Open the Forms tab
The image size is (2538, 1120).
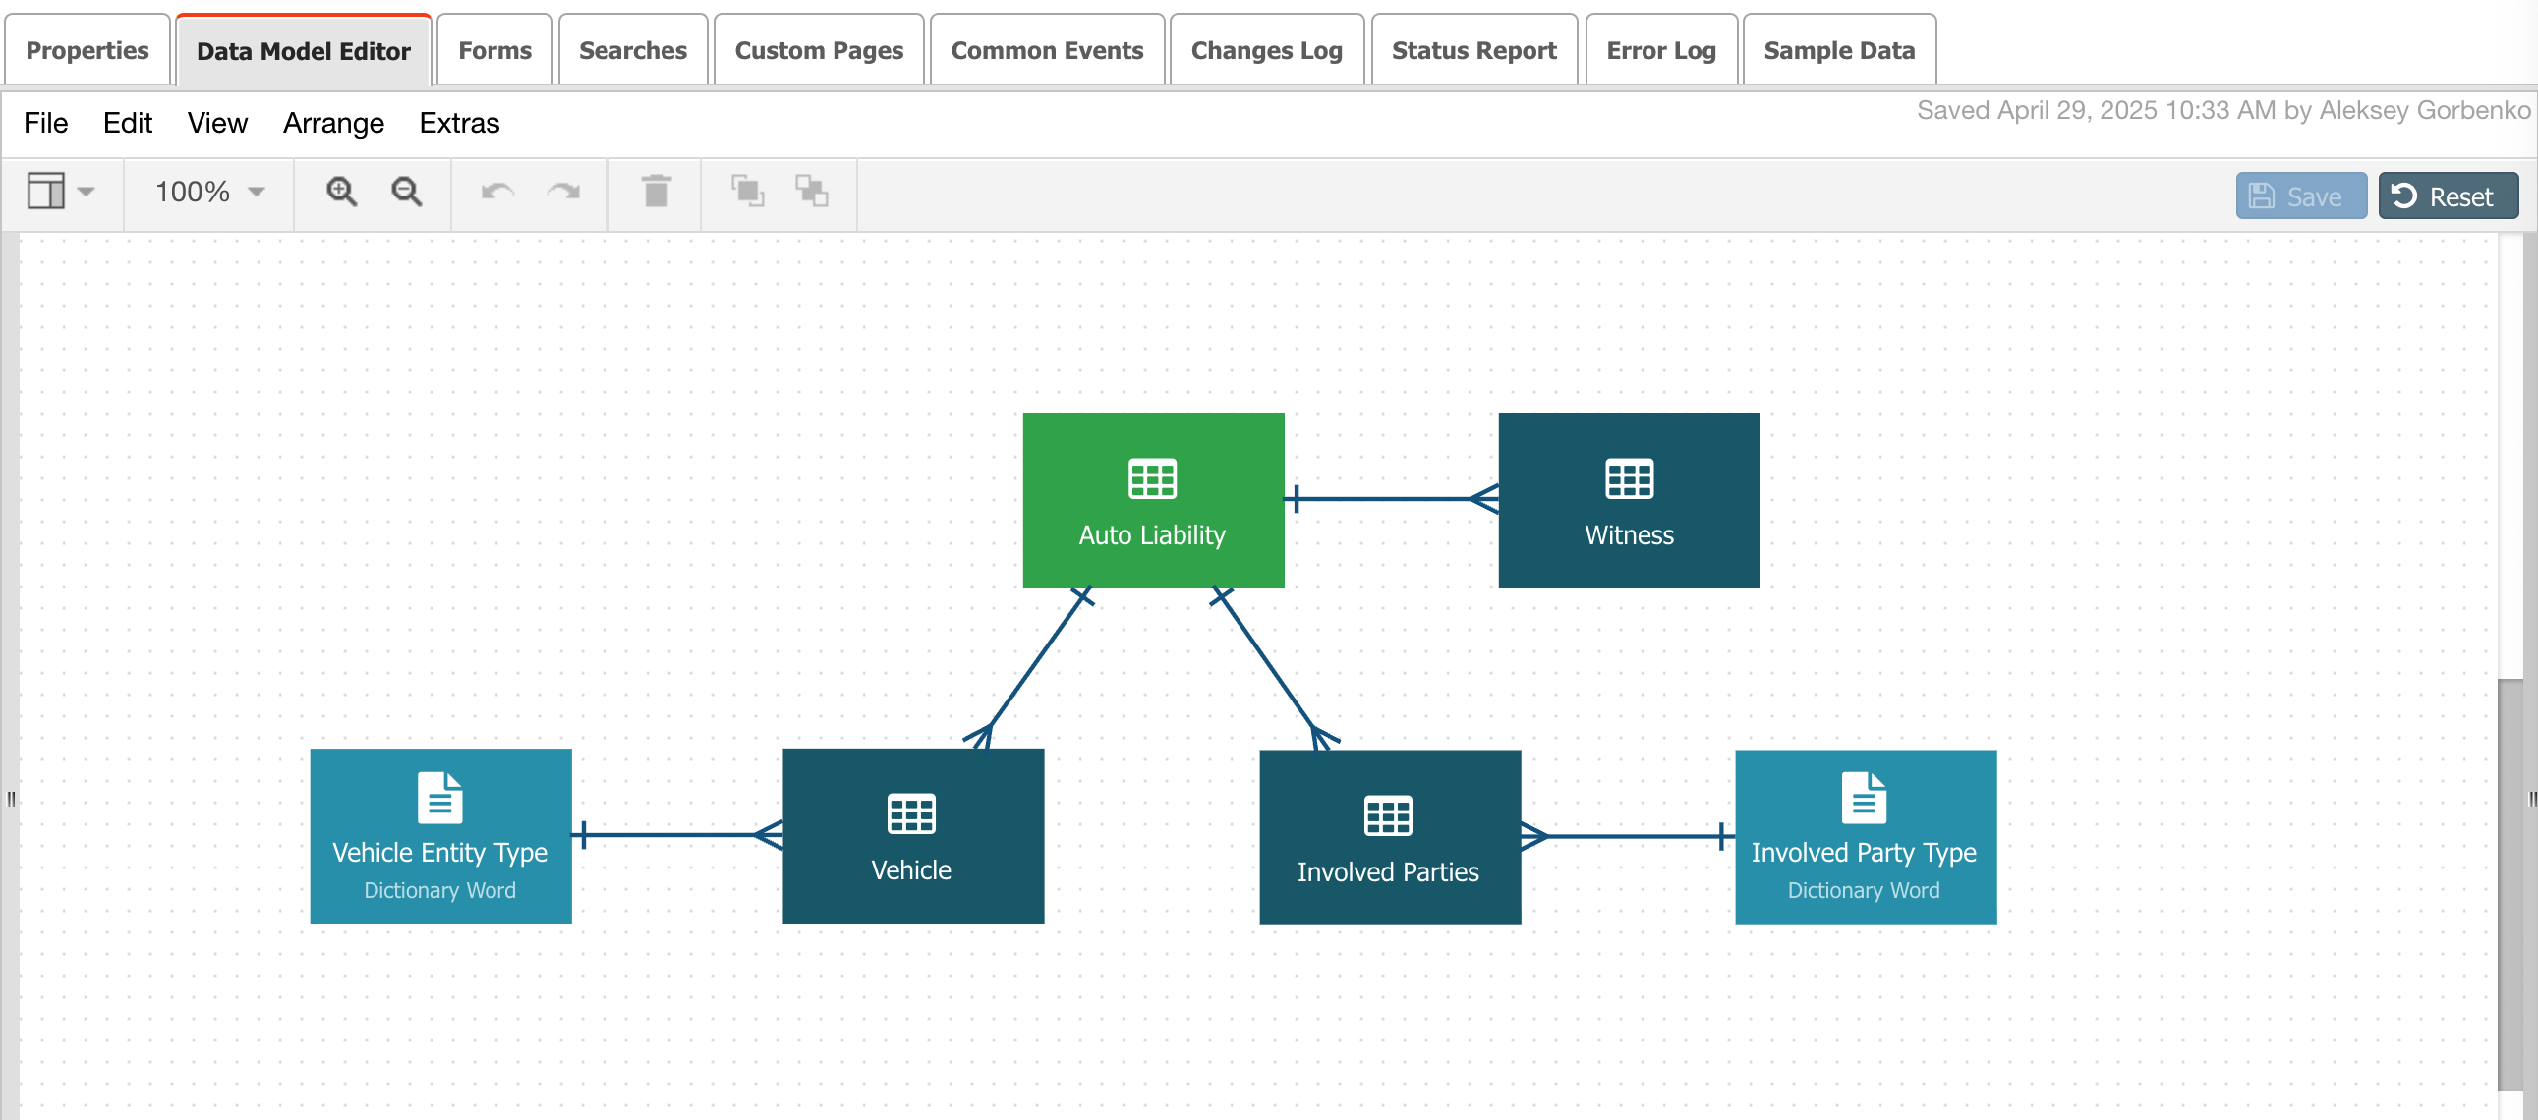click(x=494, y=50)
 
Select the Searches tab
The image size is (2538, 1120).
click(x=632, y=50)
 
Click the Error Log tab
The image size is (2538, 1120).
click(x=1660, y=50)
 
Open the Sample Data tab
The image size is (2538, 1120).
click(x=1838, y=50)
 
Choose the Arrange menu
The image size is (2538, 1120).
click(x=333, y=123)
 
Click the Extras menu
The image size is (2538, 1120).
click(x=459, y=123)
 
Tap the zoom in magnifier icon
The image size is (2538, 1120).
click(x=342, y=192)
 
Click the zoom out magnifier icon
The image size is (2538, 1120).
click(x=407, y=192)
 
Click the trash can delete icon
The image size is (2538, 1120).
click(x=657, y=192)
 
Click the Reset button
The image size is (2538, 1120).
click(x=2448, y=196)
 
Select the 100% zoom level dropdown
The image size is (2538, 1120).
click(x=208, y=192)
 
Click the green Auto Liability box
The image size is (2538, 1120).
click(x=1153, y=500)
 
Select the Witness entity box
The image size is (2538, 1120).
click(x=1629, y=500)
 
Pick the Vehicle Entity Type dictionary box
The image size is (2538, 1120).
click(x=440, y=836)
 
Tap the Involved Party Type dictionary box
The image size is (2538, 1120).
click(x=1865, y=837)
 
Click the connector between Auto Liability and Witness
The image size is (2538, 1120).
click(x=1391, y=499)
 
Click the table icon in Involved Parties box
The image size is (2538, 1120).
click(x=1387, y=815)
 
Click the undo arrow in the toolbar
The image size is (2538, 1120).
click(x=497, y=192)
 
